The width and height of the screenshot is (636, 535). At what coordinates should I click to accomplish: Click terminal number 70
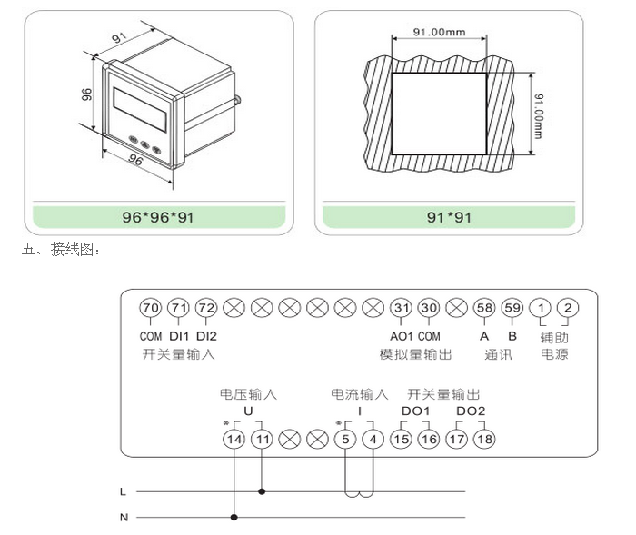151,308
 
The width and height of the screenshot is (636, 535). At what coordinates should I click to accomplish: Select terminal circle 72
206,308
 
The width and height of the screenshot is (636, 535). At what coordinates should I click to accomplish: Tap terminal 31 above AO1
401,308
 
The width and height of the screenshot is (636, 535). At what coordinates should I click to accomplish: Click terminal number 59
512,308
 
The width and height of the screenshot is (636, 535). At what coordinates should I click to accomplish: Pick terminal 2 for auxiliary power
569,308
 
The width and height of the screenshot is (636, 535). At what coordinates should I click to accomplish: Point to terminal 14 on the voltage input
234,439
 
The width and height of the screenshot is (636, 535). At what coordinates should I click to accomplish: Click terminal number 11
263,439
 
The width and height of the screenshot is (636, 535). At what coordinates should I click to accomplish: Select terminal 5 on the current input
345,439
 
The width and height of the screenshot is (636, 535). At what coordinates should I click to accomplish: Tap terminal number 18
485,439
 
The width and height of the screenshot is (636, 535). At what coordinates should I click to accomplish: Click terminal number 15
401,439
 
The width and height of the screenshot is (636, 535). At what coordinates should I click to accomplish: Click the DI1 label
179,336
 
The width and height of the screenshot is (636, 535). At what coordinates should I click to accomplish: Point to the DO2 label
471,411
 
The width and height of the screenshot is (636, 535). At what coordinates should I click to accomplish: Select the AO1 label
402,336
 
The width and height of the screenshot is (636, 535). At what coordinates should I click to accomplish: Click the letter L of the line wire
123,491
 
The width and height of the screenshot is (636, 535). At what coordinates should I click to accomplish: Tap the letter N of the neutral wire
123,518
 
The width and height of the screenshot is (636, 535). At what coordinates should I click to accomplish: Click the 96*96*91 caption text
158,217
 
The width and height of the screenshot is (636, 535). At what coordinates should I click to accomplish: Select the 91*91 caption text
449,217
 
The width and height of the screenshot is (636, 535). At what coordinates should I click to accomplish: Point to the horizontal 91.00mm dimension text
439,32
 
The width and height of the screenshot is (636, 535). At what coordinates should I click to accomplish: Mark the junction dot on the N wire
234,518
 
